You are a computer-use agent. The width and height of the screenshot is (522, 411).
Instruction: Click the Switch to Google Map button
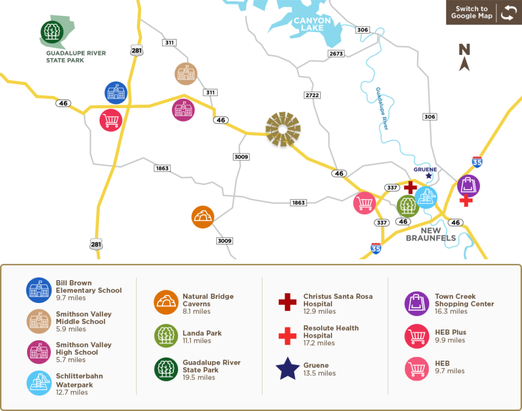pyautogui.click(x=483, y=13)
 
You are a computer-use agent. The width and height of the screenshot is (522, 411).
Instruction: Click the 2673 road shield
pyautogui.click(x=336, y=53)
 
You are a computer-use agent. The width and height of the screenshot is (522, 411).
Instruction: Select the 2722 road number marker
pyautogui.click(x=311, y=95)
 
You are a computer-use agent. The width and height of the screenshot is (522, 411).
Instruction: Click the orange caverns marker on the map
pyautogui.click(x=202, y=217)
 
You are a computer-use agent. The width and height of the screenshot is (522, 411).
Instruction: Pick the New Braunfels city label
pyautogui.click(x=424, y=234)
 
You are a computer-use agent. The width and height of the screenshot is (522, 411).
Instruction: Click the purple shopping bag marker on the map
pyautogui.click(x=468, y=186)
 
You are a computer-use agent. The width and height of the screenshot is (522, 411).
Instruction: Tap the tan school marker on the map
pyautogui.click(x=186, y=74)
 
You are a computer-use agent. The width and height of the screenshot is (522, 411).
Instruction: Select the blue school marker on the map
pyautogui.click(x=116, y=93)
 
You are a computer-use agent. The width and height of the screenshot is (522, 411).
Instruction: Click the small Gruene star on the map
pyautogui.click(x=429, y=176)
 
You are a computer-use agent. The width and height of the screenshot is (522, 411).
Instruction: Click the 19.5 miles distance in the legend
pyautogui.click(x=199, y=377)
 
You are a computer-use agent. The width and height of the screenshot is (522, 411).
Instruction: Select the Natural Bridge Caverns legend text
pyautogui.click(x=208, y=300)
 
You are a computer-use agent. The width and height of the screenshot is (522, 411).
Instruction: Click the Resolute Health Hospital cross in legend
pyautogui.click(x=288, y=336)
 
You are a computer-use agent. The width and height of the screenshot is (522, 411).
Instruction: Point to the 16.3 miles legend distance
pyautogui.click(x=451, y=311)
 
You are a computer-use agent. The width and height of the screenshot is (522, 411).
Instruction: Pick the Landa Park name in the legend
pyautogui.click(x=202, y=333)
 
